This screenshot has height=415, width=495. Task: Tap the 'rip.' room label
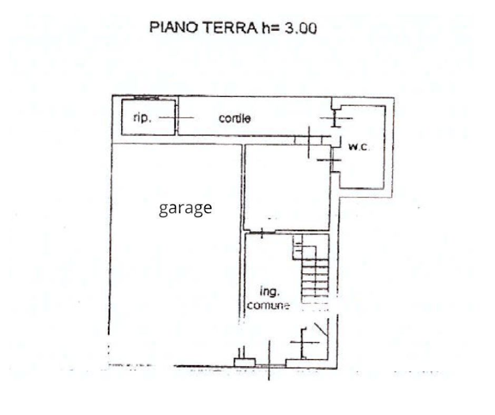click(141, 118)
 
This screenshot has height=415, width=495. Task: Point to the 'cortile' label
click(235, 119)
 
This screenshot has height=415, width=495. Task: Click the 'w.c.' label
click(358, 147)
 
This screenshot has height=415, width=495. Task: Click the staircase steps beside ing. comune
click(316, 277)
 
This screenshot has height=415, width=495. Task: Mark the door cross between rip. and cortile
click(177, 118)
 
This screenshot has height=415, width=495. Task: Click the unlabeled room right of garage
click(287, 187)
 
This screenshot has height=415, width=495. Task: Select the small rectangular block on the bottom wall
click(244, 361)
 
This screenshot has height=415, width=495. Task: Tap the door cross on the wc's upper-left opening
click(335, 118)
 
